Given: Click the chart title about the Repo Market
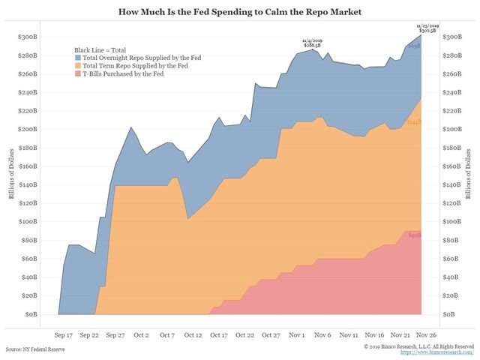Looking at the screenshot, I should (239, 12).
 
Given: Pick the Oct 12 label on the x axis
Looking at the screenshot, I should (193, 335).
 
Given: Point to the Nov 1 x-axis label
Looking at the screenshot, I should (298, 335).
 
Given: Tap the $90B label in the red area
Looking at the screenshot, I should (413, 235).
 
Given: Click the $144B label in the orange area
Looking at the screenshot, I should (413, 121).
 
